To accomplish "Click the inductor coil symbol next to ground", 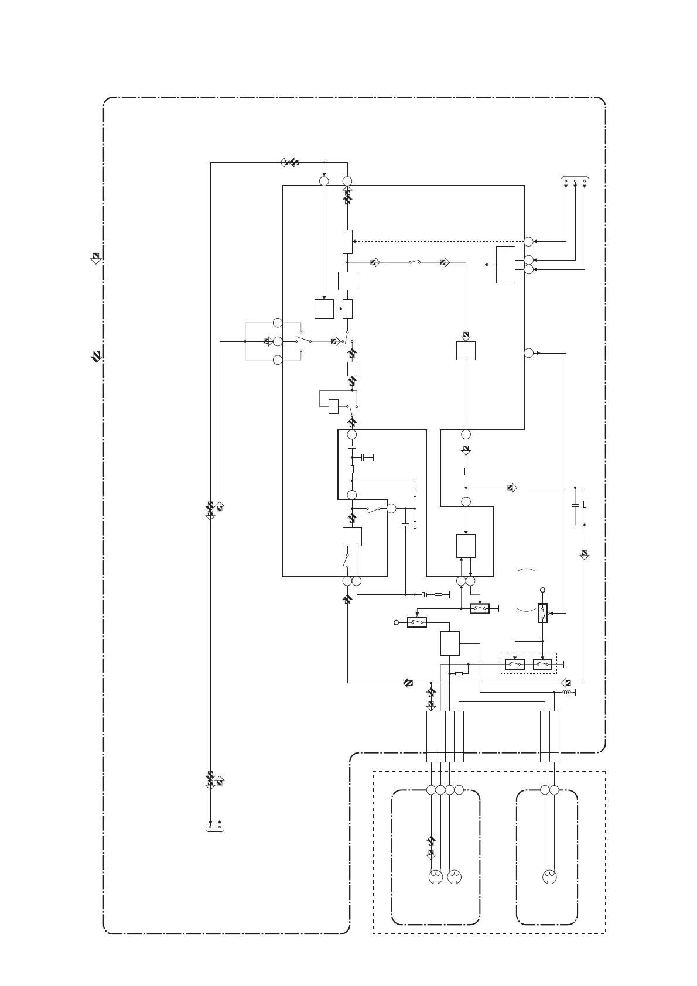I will tap(566, 693).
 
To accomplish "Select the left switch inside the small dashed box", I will tap(515, 665).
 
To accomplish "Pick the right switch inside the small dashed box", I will tap(543, 665).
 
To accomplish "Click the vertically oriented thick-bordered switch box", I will tap(543, 613).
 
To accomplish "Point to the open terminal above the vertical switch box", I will tap(543, 590).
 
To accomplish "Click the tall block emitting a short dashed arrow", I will tap(505, 265).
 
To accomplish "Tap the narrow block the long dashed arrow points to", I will tap(347, 240).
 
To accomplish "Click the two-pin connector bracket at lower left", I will tap(215, 829).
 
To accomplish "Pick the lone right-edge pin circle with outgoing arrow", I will tap(528, 352).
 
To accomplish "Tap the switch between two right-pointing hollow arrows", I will tap(414, 262).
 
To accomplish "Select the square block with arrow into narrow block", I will tap(324, 309).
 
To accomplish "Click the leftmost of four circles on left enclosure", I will tap(431, 790).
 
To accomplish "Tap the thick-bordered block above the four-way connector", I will tap(449, 643).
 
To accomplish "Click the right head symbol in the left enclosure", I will tap(454, 877).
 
